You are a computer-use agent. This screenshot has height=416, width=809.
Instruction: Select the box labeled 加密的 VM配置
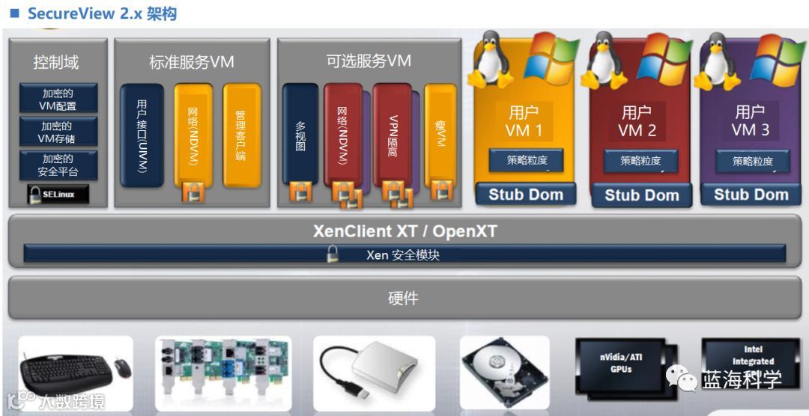click(x=58, y=100)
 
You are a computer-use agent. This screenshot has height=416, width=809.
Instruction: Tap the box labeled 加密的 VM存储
click(x=58, y=132)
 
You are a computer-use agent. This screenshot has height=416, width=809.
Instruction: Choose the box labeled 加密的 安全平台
click(x=58, y=165)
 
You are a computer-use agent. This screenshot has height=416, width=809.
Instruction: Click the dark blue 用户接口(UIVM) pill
click(x=142, y=135)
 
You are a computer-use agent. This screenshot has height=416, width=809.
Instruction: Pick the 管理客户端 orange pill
click(x=241, y=135)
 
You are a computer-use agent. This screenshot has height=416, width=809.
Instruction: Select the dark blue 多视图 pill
click(x=300, y=135)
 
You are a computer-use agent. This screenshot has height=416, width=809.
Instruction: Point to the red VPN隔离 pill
click(x=393, y=135)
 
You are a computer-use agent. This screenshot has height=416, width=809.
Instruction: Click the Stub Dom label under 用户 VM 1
click(x=526, y=195)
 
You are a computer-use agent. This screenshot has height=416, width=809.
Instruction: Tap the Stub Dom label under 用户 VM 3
click(x=751, y=195)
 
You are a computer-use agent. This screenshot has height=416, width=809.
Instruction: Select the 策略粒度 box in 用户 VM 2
click(x=640, y=160)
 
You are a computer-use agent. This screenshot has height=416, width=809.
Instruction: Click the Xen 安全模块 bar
click(x=404, y=254)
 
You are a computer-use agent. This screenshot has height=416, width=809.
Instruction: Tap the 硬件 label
click(x=404, y=298)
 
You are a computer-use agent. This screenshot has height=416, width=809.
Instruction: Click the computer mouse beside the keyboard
click(x=122, y=368)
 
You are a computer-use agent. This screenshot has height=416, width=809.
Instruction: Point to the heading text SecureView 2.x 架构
click(x=101, y=13)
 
